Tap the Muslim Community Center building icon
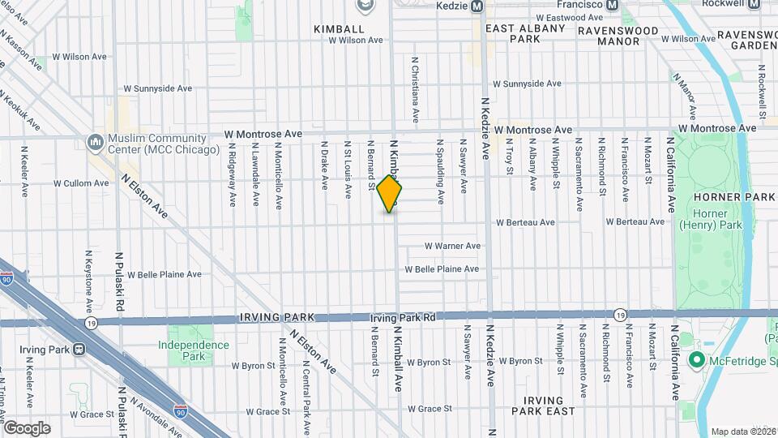tap(96, 144)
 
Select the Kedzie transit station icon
tap(477, 6)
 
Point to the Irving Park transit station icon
tap(79, 350)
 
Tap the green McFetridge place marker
tap(695, 359)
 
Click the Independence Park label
tap(193, 350)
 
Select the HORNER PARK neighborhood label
tap(736, 197)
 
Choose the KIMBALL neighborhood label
tap(340, 28)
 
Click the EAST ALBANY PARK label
tap(524, 33)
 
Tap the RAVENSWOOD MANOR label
tap(618, 36)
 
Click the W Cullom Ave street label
tap(81, 183)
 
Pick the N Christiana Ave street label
tap(415, 89)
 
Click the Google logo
tap(26, 428)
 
